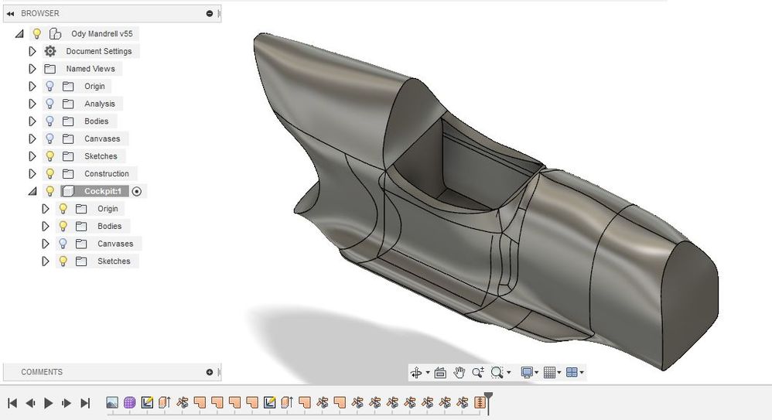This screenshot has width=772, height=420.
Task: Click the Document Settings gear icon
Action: pos(50,51)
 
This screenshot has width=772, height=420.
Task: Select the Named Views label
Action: pos(91,69)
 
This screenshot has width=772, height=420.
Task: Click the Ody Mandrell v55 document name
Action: pos(102,33)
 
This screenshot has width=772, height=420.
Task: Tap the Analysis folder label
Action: pos(100,104)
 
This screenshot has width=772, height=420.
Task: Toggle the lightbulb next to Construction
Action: pos(50,173)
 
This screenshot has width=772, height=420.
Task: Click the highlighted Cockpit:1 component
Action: pos(102,191)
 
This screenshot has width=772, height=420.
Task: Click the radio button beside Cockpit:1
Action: pos(137,192)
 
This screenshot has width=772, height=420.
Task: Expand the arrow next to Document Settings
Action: pos(32,51)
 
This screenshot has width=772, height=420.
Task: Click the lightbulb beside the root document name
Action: pos(36,33)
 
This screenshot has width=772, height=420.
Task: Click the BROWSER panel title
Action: pos(40,13)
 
